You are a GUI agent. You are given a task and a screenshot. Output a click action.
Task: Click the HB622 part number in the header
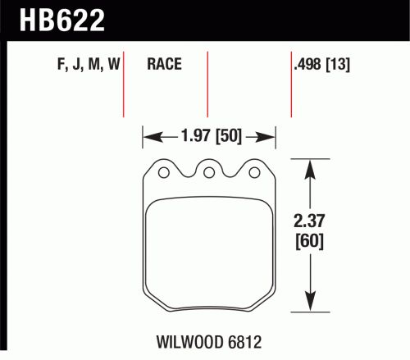pos(62,21)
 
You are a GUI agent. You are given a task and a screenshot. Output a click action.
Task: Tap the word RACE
pos(164,64)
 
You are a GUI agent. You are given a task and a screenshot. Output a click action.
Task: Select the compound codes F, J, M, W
pos(89,65)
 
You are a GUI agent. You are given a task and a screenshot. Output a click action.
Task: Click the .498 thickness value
pos(307,64)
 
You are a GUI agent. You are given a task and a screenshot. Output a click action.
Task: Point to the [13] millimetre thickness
pos(338,65)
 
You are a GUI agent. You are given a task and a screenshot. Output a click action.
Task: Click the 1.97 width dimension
pos(196,135)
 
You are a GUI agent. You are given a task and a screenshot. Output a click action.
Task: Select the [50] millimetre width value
pos(229,136)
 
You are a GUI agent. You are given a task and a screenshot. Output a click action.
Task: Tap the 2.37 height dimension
pos(309,221)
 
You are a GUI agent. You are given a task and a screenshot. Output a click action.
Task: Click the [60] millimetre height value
pos(309,241)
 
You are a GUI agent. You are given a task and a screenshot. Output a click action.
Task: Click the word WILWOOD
pos(189,342)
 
